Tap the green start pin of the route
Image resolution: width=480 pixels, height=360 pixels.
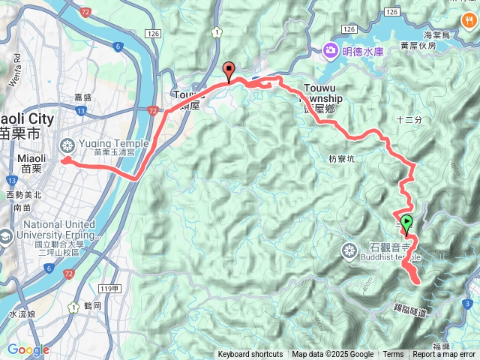tap(406, 223)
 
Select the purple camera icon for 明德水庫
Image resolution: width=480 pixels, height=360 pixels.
tap(330, 51)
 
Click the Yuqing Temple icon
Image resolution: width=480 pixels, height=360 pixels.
tap(67, 145)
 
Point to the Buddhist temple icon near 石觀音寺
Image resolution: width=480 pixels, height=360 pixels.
tap(349, 250)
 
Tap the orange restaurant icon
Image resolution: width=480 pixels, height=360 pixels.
tap(469, 20)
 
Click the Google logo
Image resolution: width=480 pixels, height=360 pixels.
tap(28, 349)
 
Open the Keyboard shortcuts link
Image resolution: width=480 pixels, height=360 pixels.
tap(250, 355)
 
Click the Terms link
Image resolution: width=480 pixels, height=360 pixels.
tap(393, 355)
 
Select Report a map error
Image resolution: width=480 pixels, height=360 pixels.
tap(445, 355)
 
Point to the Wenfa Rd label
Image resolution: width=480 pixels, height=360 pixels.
tap(13, 61)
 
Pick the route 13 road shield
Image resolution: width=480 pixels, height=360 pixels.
tap(11, 181)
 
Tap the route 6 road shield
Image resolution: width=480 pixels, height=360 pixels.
tap(118, 47)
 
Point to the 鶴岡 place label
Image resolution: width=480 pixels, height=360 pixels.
tap(94, 306)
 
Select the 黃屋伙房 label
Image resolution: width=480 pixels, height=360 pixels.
tap(417, 45)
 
